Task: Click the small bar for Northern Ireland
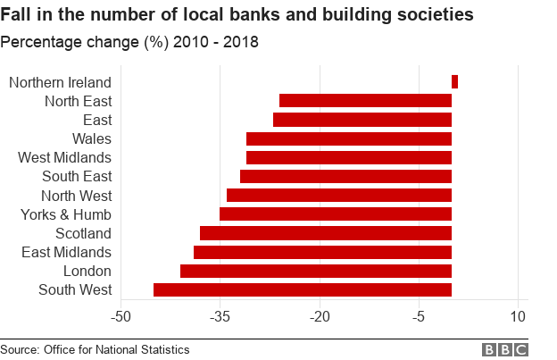(454, 82)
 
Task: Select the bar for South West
(303, 289)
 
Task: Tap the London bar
(316, 271)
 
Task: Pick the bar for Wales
(349, 138)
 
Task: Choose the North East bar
(365, 101)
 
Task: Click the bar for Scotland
(326, 233)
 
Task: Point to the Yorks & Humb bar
(336, 214)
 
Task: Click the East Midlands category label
(66, 252)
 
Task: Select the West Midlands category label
(64, 157)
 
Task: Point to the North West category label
(76, 196)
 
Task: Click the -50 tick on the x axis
(121, 316)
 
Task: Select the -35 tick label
(220, 316)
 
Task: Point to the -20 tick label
(319, 316)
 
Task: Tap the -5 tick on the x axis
(418, 316)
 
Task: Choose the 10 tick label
(517, 316)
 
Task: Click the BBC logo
(505, 349)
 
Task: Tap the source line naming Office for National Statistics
(95, 349)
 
